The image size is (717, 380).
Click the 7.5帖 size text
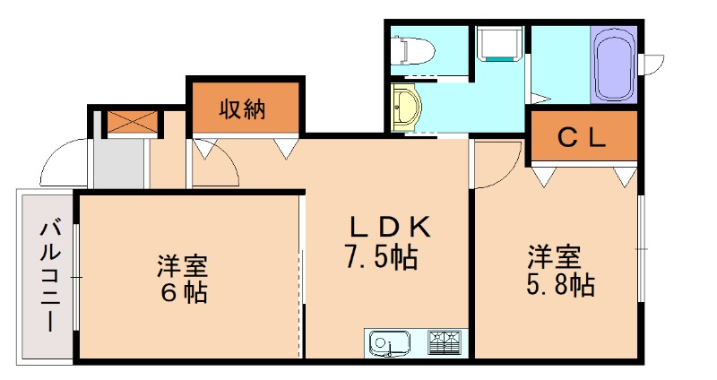pyautogui.click(x=381, y=257)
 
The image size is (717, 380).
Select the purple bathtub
pyautogui.click(x=614, y=65)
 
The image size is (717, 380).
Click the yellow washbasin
pyautogui.click(x=406, y=108)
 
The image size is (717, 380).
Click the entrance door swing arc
pyautogui.click(x=63, y=161)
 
